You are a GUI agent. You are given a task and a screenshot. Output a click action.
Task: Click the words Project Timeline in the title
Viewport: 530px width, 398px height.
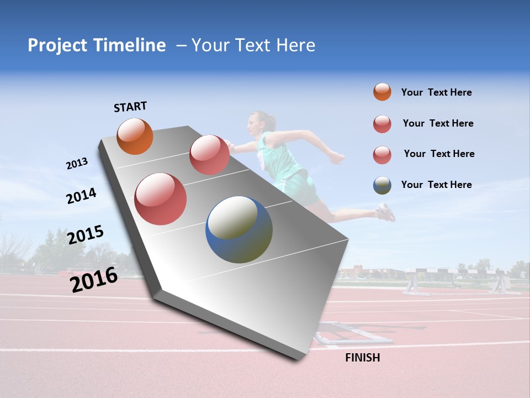[97, 45]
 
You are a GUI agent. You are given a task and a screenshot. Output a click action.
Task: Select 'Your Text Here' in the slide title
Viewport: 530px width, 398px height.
[253, 45]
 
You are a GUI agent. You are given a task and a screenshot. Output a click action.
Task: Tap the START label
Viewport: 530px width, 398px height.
[130, 107]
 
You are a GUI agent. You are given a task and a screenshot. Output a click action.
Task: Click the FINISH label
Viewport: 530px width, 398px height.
[362, 358]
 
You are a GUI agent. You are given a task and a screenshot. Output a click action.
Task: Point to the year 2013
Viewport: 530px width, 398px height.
[77, 164]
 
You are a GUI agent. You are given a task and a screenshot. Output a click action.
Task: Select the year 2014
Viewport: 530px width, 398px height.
[81, 196]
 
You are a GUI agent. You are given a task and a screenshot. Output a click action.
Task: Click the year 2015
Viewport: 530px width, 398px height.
[86, 235]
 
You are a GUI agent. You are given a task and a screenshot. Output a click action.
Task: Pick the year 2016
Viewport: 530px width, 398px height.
[94, 279]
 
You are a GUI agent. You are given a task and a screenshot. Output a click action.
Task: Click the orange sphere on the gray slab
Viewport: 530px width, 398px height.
[135, 136]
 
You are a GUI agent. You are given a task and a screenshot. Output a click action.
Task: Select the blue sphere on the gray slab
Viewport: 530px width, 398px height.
[239, 229]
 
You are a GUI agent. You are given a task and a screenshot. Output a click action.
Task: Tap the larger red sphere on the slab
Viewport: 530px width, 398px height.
[160, 199]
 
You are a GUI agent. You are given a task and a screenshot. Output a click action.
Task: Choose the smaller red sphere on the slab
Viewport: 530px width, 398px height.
[209, 155]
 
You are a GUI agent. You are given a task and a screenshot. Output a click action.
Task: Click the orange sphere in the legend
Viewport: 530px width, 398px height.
[382, 92]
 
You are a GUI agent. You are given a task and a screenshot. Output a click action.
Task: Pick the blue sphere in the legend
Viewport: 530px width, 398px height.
[382, 185]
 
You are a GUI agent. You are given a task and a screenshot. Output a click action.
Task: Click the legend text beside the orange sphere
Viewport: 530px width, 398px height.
[436, 93]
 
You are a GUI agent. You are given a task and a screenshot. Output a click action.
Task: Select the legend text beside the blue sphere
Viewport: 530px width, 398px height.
[436, 185]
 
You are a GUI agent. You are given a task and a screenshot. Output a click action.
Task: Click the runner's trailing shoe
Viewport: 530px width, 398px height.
[386, 212]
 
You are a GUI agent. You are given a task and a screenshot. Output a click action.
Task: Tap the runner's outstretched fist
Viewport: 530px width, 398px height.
[336, 157]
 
